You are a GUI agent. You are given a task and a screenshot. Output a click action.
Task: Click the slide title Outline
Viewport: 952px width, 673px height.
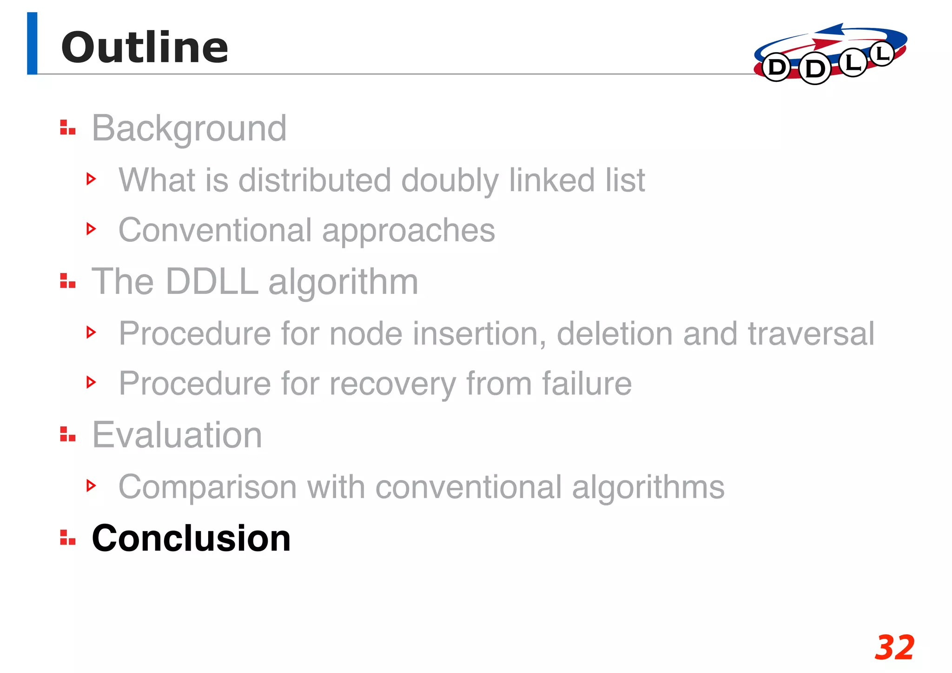tap(145, 47)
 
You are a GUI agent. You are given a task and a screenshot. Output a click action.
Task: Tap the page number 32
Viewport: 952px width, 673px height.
tap(894, 647)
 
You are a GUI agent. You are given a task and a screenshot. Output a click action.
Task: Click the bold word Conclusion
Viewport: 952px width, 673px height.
tap(191, 538)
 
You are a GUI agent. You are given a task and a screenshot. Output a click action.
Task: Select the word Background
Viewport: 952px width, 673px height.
tap(189, 128)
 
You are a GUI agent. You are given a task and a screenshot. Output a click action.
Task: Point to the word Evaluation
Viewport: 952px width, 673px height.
tap(177, 435)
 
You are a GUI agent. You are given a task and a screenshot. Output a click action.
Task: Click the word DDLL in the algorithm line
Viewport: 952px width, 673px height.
tap(212, 282)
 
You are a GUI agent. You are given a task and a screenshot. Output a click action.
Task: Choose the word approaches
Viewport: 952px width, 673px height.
tap(409, 231)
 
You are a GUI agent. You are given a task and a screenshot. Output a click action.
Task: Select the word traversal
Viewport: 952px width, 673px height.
tap(811, 333)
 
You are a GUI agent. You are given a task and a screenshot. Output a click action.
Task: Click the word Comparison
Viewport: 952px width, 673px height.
tap(207, 487)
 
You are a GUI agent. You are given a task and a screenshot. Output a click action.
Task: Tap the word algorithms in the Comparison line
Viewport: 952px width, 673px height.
tap(648, 487)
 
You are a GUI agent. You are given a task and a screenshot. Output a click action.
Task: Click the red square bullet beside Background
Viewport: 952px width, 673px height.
tap(67, 127)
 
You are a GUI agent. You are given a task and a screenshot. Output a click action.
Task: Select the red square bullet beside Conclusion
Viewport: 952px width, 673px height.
tap(67, 537)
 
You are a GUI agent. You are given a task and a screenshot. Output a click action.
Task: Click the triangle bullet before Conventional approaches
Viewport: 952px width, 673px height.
tap(91, 229)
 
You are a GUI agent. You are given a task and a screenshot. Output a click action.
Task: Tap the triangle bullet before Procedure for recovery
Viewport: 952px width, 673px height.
tap(91, 382)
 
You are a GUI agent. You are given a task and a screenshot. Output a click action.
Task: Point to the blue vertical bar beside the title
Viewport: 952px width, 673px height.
tap(32, 43)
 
